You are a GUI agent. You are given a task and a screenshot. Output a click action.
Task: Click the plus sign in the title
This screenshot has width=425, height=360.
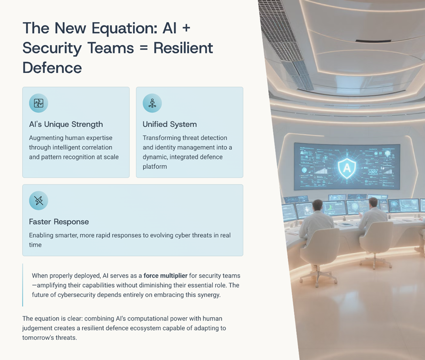tap(186, 28)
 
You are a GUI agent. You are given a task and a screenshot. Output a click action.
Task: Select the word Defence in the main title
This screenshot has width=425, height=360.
tap(52, 68)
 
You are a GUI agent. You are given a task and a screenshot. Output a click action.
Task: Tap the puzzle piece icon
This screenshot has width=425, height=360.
tap(38, 103)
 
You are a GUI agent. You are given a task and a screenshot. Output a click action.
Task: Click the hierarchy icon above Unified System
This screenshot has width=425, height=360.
tap(153, 103)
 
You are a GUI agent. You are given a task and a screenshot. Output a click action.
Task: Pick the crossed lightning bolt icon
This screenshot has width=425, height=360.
tap(38, 201)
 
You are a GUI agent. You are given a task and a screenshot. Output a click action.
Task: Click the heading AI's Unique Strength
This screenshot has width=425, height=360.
tap(66, 124)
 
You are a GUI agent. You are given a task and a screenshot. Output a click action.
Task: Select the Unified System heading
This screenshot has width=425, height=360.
tap(170, 124)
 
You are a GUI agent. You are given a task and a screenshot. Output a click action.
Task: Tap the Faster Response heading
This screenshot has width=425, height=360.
tap(59, 222)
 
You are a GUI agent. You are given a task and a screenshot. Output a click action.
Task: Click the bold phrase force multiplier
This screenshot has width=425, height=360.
tap(165, 276)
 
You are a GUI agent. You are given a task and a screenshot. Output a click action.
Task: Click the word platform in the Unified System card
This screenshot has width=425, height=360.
tap(155, 167)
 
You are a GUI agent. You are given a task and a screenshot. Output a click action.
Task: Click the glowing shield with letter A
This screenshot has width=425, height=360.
tap(347, 168)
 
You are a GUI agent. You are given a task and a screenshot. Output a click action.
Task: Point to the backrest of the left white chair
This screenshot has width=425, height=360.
tap(323, 245)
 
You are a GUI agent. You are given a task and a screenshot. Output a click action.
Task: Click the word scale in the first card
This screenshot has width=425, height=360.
tap(111, 157)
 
